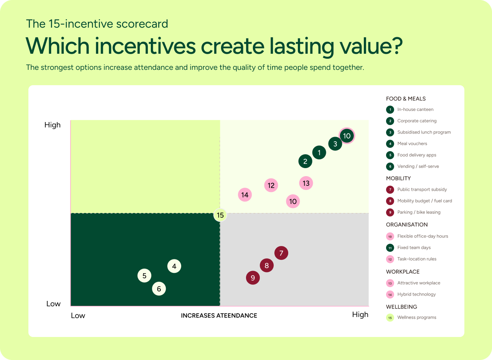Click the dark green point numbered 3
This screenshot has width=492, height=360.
pos(335,144)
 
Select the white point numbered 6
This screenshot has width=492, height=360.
pos(159,289)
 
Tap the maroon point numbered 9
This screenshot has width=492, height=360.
pos(253,277)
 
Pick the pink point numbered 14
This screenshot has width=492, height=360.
pos(245,195)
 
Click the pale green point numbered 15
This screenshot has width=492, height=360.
pos(220,215)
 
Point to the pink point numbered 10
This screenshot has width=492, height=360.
pos(293,201)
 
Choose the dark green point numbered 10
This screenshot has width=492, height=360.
pos(347,136)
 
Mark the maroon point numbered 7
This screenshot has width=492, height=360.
pos(281,253)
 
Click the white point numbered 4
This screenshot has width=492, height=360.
pos(174,266)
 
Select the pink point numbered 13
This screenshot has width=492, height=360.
pos(306,183)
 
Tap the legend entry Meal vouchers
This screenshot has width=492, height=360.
pos(406,144)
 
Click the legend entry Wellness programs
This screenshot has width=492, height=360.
pos(411,317)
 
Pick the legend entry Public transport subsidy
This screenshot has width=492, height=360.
pos(416,189)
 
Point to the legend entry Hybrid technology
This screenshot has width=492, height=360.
pos(411,294)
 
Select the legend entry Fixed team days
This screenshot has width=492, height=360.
pos(408,248)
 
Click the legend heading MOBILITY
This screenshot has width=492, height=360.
pos(398,178)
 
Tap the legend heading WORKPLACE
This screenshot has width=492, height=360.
pos(403,272)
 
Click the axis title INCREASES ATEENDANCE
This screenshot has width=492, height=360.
pos(219,315)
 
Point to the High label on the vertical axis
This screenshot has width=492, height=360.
pos(53,125)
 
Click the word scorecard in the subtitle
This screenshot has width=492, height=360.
pos(142,24)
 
